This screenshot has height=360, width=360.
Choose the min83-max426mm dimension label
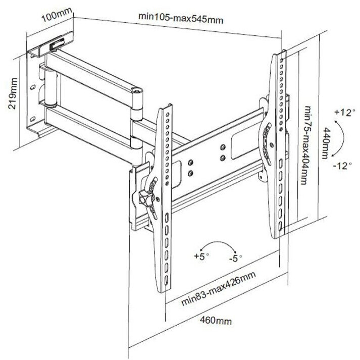218,290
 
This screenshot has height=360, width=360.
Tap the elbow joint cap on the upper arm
136,91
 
